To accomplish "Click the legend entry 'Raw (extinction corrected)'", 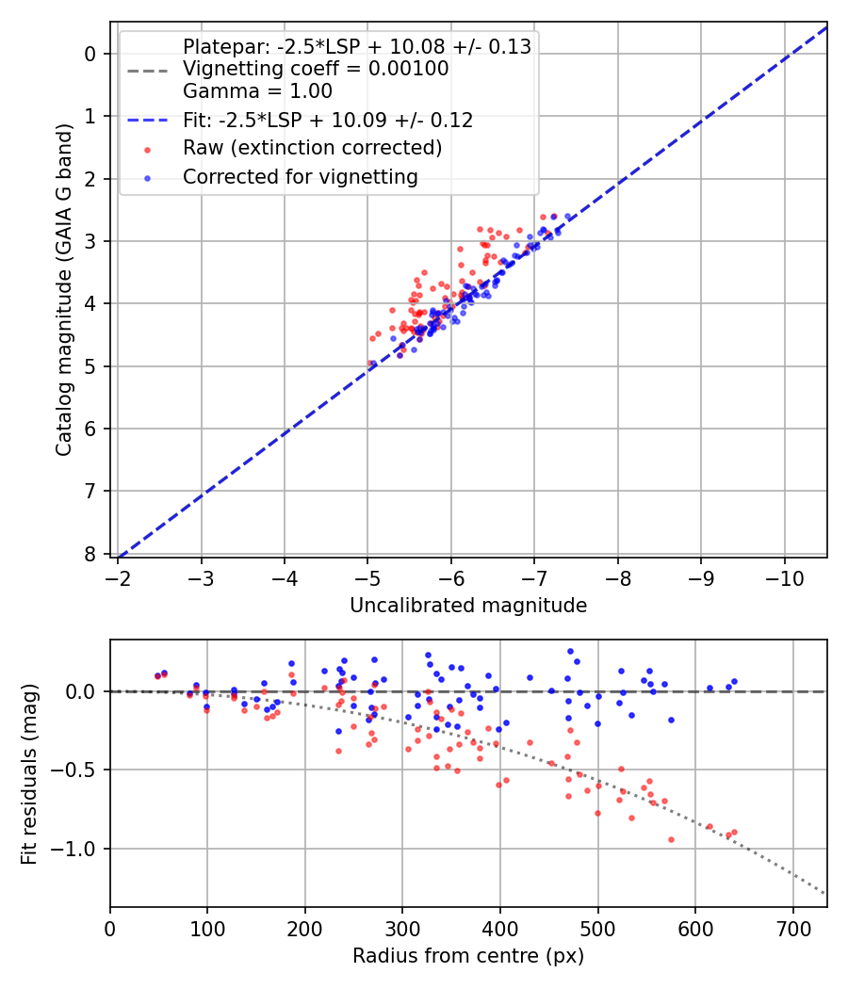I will pyautogui.click(x=312, y=148).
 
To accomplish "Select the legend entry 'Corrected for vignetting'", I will pyautogui.click(x=300, y=176).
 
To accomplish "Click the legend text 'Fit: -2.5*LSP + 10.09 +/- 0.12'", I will pyautogui.click(x=328, y=120).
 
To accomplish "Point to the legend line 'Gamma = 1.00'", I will pyautogui.click(x=257, y=91).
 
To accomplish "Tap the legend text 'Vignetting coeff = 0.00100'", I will pyautogui.click(x=316, y=69).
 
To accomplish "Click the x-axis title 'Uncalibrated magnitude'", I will pyautogui.click(x=468, y=606).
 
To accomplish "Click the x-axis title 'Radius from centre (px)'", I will pyautogui.click(x=468, y=956).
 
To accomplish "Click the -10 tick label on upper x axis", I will pyautogui.click(x=784, y=578).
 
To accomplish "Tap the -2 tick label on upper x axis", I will pyautogui.click(x=119, y=578).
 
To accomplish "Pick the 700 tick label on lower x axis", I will pyautogui.click(x=792, y=929).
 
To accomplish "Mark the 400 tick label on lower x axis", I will pyautogui.click(x=500, y=929).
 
